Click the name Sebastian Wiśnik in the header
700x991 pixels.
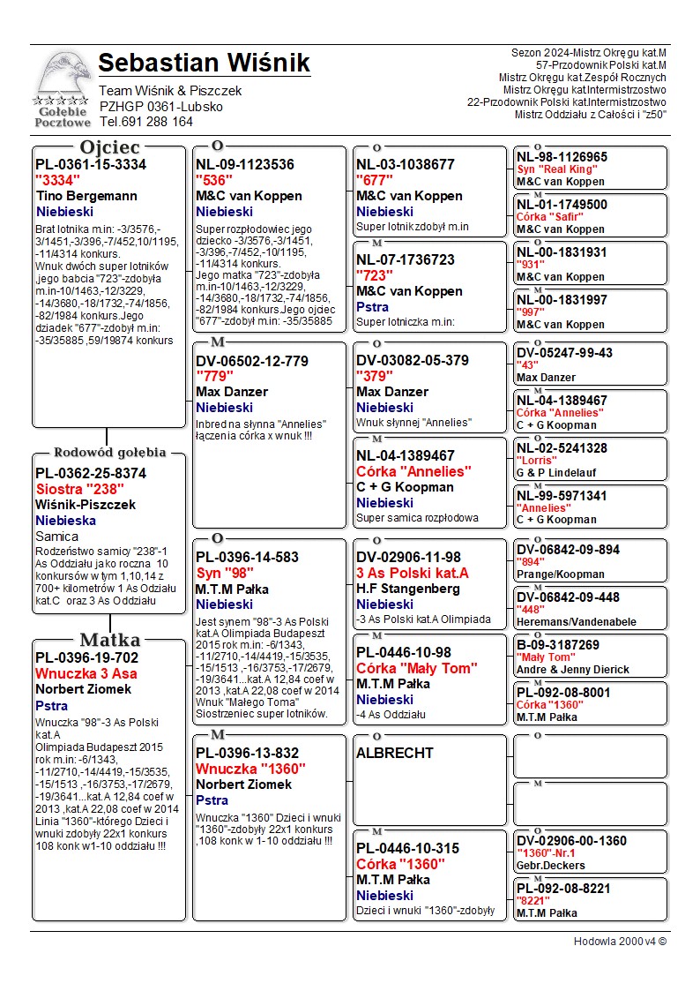[204, 64]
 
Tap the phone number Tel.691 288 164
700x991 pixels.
[145, 123]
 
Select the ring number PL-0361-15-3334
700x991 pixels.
[91, 165]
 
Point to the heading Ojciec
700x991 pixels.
[109, 147]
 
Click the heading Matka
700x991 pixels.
[109, 641]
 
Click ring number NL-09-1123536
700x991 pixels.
[245, 165]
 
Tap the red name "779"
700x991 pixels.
[215, 376]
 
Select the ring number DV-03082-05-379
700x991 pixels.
[413, 360]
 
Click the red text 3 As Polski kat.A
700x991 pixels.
[413, 574]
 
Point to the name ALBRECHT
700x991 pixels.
[395, 754]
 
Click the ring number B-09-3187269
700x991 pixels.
[558, 645]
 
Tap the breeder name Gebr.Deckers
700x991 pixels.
[551, 866]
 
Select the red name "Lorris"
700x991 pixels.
[536, 461]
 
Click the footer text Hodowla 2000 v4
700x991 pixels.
[620, 942]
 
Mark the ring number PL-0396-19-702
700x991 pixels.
[86, 658]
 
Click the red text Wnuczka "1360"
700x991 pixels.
[250, 770]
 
